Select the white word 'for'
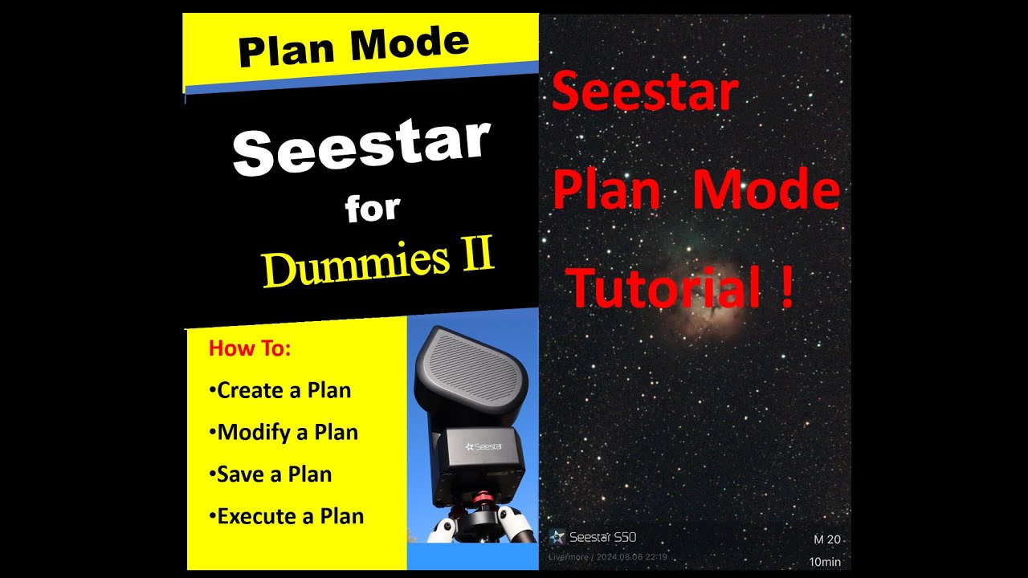tap(372, 208)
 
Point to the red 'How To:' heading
tap(250, 349)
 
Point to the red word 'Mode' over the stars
tap(765, 193)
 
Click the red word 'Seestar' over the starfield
tap(645, 92)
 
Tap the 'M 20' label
tap(826, 539)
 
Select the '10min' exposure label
tap(825, 562)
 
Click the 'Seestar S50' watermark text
tap(602, 537)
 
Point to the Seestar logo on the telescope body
tap(483, 446)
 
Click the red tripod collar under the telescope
tap(474, 503)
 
